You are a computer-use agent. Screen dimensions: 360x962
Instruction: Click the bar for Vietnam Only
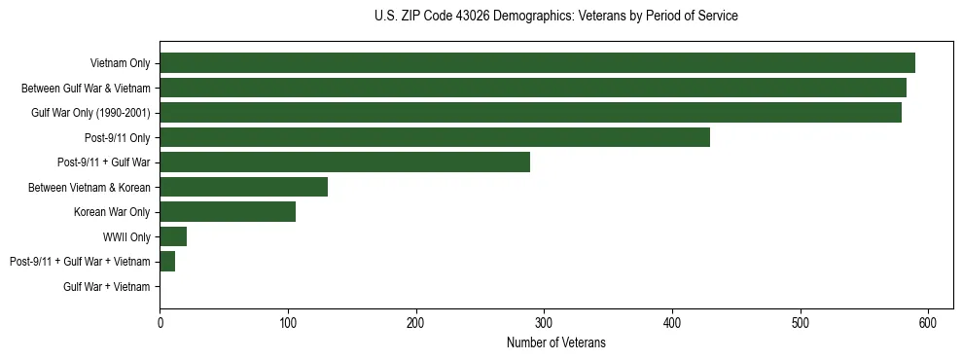tap(537, 63)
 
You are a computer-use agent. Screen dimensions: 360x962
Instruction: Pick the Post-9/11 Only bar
tap(435, 137)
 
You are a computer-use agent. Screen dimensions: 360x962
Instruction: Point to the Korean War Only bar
tap(228, 212)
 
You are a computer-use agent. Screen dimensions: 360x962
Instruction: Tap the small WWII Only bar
tap(173, 236)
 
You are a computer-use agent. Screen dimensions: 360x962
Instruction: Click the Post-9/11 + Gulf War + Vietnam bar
tap(167, 262)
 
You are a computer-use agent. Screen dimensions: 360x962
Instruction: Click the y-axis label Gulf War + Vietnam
tap(107, 287)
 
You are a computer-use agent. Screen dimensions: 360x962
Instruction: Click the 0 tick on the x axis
tap(160, 322)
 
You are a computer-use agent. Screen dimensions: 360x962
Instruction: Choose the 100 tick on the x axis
tap(288, 322)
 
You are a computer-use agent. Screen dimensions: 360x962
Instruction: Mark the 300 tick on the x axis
tap(544, 322)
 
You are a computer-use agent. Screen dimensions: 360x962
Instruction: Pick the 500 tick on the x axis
tap(801, 322)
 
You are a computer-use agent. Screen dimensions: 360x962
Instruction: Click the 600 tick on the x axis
tap(928, 322)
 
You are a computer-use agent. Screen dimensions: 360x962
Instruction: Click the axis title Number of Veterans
tap(555, 342)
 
